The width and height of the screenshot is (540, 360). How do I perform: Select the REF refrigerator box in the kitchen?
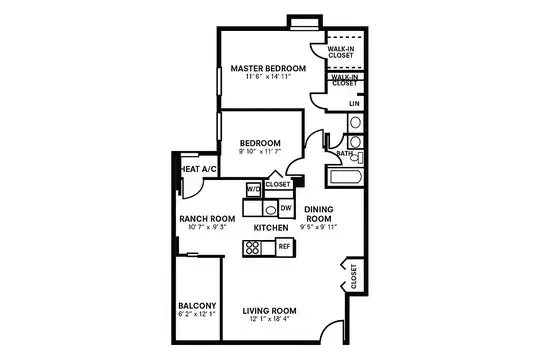284,245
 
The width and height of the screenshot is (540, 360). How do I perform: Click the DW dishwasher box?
285,208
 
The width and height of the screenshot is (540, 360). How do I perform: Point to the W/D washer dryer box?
253,189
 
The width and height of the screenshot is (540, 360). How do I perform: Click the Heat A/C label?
199,170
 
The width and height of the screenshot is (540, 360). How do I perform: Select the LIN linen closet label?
354,103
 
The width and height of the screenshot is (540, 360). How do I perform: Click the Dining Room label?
318,213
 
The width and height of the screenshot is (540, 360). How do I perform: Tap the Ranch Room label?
207,219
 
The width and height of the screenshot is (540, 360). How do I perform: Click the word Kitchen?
270,228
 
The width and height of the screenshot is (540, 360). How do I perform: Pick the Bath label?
344,154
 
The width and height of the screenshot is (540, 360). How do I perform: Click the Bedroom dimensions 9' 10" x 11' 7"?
260,152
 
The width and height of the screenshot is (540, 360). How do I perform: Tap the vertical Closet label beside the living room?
353,275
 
